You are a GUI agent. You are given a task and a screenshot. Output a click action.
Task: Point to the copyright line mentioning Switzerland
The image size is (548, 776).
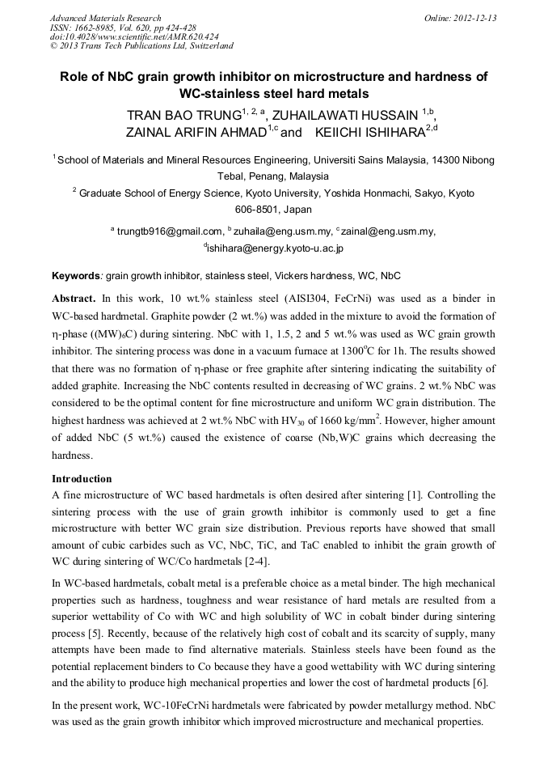click(141, 46)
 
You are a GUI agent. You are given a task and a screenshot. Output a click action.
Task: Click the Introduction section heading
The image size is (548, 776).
click(82, 478)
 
